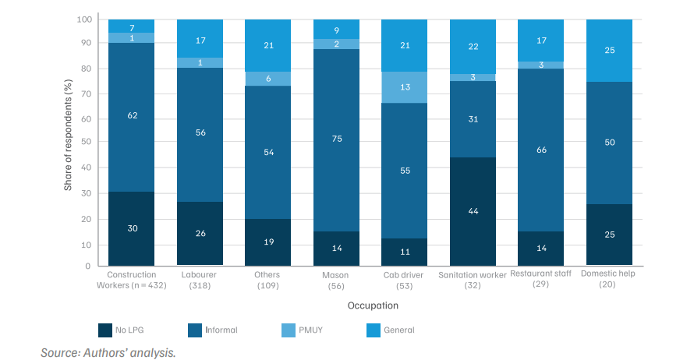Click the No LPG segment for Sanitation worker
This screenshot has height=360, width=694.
(x=473, y=211)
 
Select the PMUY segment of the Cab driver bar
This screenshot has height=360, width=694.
(x=405, y=87)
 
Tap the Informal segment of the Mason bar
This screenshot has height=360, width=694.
(x=336, y=140)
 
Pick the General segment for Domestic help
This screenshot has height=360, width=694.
(x=610, y=51)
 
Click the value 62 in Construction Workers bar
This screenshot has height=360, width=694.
(x=133, y=115)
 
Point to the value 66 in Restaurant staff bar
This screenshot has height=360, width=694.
(x=541, y=150)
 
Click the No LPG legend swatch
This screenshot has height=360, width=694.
(x=105, y=330)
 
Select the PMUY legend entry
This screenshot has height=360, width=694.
(x=303, y=330)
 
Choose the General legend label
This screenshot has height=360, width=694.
(x=398, y=330)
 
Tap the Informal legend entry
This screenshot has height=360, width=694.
(x=213, y=330)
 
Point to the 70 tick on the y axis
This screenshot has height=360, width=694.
(x=86, y=94)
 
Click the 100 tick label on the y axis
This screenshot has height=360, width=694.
(x=84, y=19)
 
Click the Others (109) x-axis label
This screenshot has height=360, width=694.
(x=267, y=280)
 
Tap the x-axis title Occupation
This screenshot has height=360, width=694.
(x=373, y=305)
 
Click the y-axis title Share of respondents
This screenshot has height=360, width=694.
(x=68, y=135)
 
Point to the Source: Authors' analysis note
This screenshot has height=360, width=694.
(x=108, y=352)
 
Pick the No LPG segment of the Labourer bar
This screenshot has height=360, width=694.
(x=200, y=234)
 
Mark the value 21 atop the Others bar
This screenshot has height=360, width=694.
(x=269, y=45)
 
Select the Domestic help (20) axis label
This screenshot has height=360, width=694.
(x=607, y=279)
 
